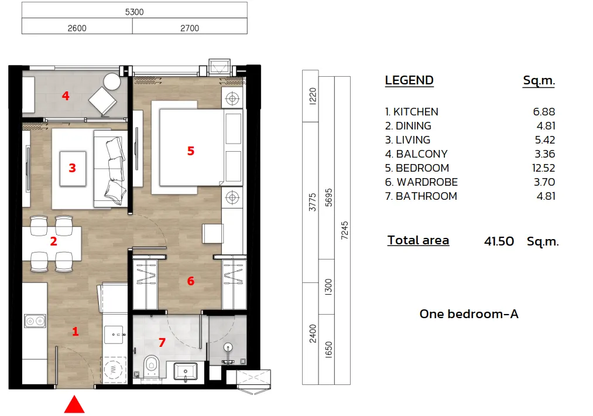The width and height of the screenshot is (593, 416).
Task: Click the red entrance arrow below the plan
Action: point(74,405)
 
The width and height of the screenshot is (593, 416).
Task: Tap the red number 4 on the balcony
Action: point(66,95)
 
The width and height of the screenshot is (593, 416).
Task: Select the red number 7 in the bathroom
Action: point(162,342)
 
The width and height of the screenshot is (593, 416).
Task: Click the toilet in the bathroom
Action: point(152,367)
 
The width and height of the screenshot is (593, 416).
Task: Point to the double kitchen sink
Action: point(35,320)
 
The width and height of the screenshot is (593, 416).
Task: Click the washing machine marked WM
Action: point(114,370)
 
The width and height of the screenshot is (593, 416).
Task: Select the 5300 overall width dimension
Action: point(134,11)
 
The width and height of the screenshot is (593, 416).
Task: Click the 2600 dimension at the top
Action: point(77,28)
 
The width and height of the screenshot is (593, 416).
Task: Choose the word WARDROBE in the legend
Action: point(427,182)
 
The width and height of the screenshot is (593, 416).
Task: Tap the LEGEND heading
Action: point(409,81)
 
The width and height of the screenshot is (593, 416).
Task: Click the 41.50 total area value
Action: point(499,241)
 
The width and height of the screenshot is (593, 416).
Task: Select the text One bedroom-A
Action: point(469,314)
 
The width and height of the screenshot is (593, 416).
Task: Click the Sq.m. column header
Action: point(539,81)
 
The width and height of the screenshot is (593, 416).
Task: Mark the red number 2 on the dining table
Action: point(53,241)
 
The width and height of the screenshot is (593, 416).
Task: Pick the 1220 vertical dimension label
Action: point(311,96)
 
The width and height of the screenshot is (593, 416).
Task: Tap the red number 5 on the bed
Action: point(190,151)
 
